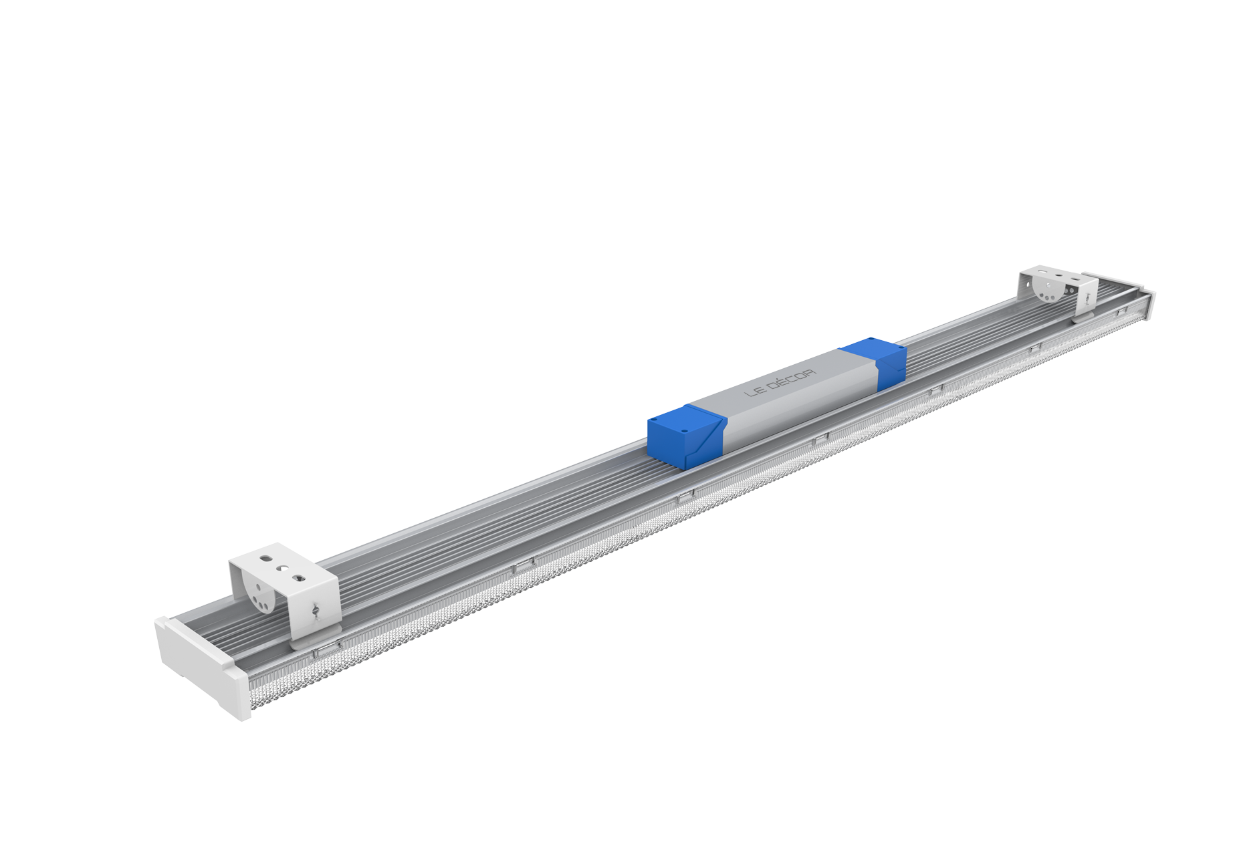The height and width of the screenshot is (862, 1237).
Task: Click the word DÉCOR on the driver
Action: (799, 382)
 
